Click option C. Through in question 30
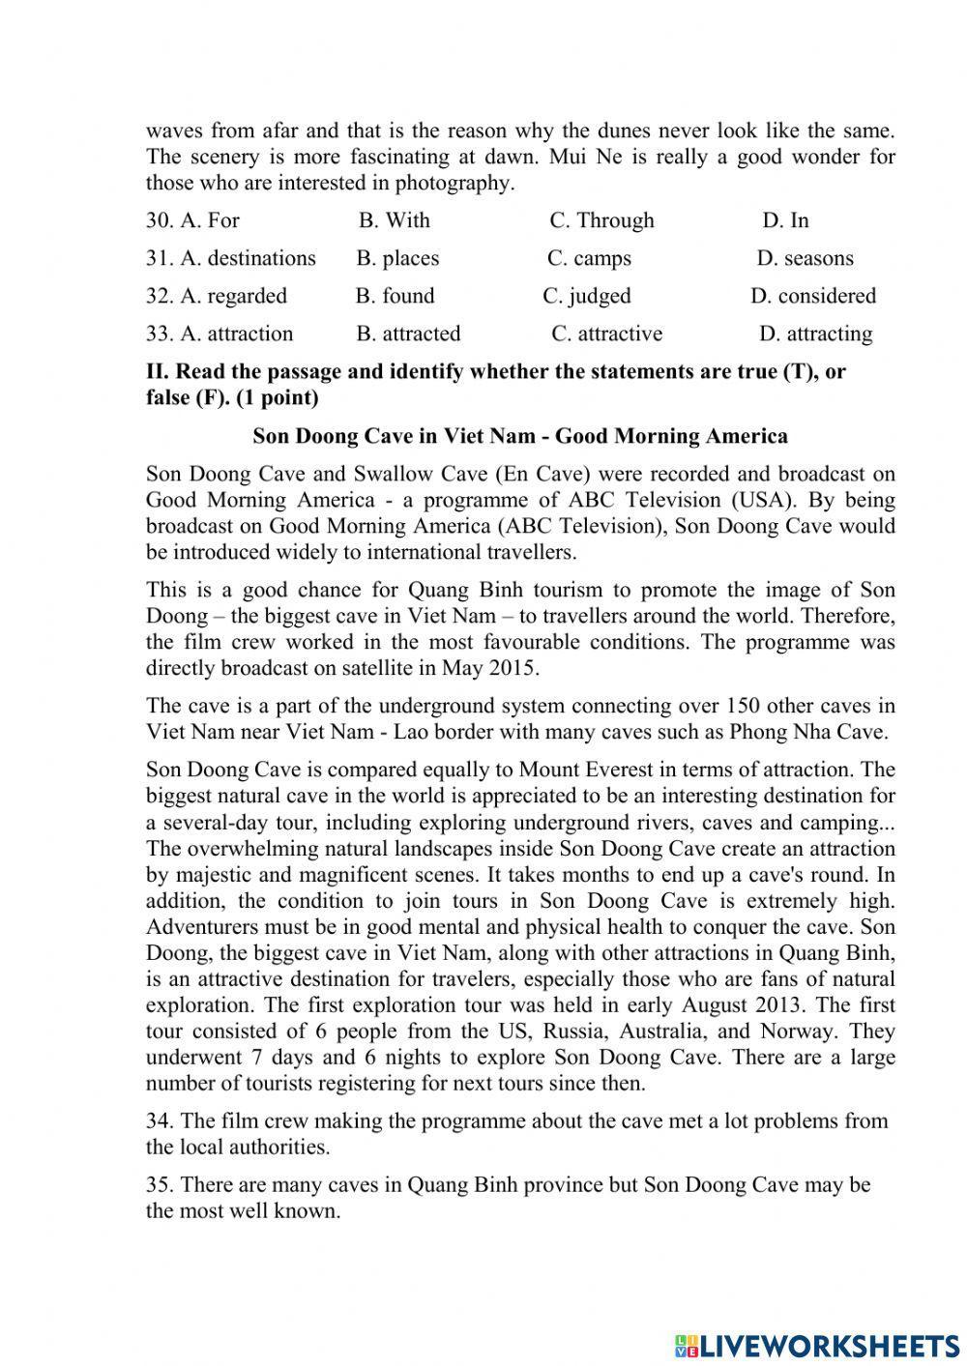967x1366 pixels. tap(601, 220)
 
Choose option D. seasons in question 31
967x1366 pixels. tap(805, 258)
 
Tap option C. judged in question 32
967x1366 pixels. tap(586, 296)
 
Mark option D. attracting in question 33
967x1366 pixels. tap(815, 334)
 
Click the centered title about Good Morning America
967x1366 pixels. tap(520, 436)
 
